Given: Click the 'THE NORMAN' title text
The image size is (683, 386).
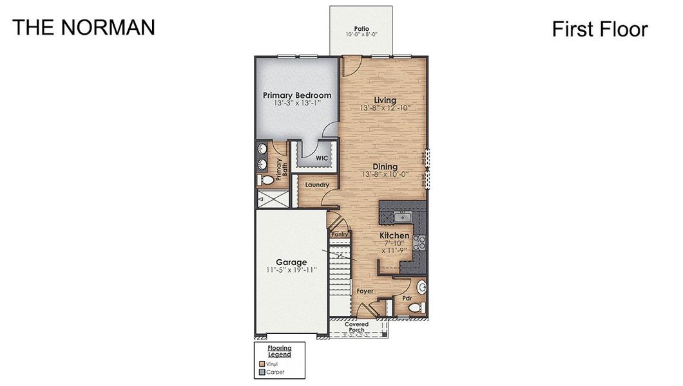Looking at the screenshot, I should [x=84, y=27].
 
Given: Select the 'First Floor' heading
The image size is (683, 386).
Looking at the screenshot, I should [x=599, y=29].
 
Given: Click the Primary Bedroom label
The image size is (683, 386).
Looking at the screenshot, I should [x=297, y=95].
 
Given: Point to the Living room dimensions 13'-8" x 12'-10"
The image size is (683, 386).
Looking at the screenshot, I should [x=385, y=108].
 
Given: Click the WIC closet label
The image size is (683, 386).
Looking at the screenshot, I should [x=321, y=158].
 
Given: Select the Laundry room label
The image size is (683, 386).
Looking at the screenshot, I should [x=317, y=185].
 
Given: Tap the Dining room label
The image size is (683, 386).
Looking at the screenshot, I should [x=385, y=167].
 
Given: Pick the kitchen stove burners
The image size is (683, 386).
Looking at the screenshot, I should [x=419, y=242].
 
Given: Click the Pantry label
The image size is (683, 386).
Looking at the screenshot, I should [x=340, y=234].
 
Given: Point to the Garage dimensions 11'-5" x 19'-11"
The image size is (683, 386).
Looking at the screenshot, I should [x=291, y=270].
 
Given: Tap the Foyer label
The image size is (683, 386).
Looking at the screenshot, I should [x=365, y=291].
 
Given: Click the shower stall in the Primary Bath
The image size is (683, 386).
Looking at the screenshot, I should [x=272, y=199].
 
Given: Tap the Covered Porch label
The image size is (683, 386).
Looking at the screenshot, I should [x=356, y=327].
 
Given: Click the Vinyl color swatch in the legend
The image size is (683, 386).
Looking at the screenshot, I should [x=262, y=363].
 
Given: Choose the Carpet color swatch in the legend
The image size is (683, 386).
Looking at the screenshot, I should [x=262, y=372].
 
